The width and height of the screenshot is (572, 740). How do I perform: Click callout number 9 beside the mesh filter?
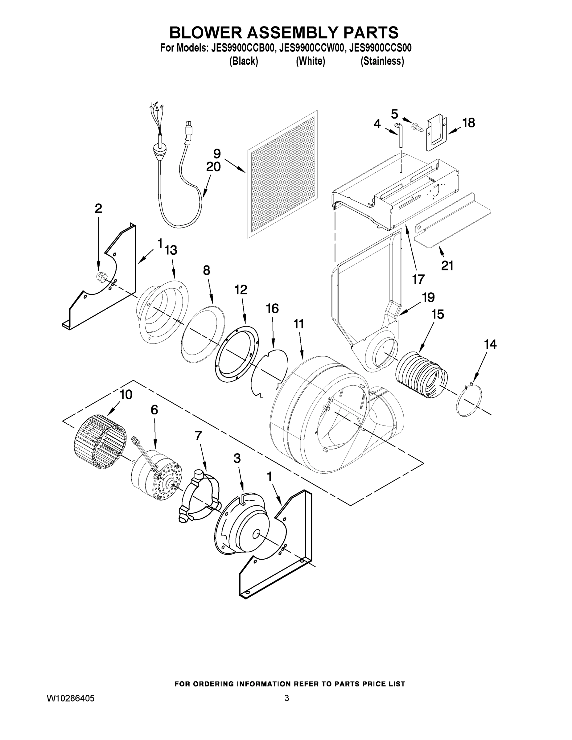pyautogui.click(x=217, y=154)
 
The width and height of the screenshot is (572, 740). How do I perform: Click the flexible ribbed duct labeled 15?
pyautogui.click(x=421, y=375)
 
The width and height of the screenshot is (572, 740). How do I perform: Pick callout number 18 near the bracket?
pyautogui.click(x=469, y=123)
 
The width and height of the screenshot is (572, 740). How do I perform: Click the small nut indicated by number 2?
pyautogui.click(x=100, y=276)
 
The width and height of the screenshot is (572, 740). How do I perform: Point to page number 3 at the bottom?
pyautogui.click(x=287, y=698)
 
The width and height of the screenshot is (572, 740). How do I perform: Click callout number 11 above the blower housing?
pyautogui.click(x=298, y=324)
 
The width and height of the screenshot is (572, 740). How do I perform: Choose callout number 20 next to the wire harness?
pyautogui.click(x=213, y=167)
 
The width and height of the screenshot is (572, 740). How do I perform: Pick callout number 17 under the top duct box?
pyautogui.click(x=418, y=279)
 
